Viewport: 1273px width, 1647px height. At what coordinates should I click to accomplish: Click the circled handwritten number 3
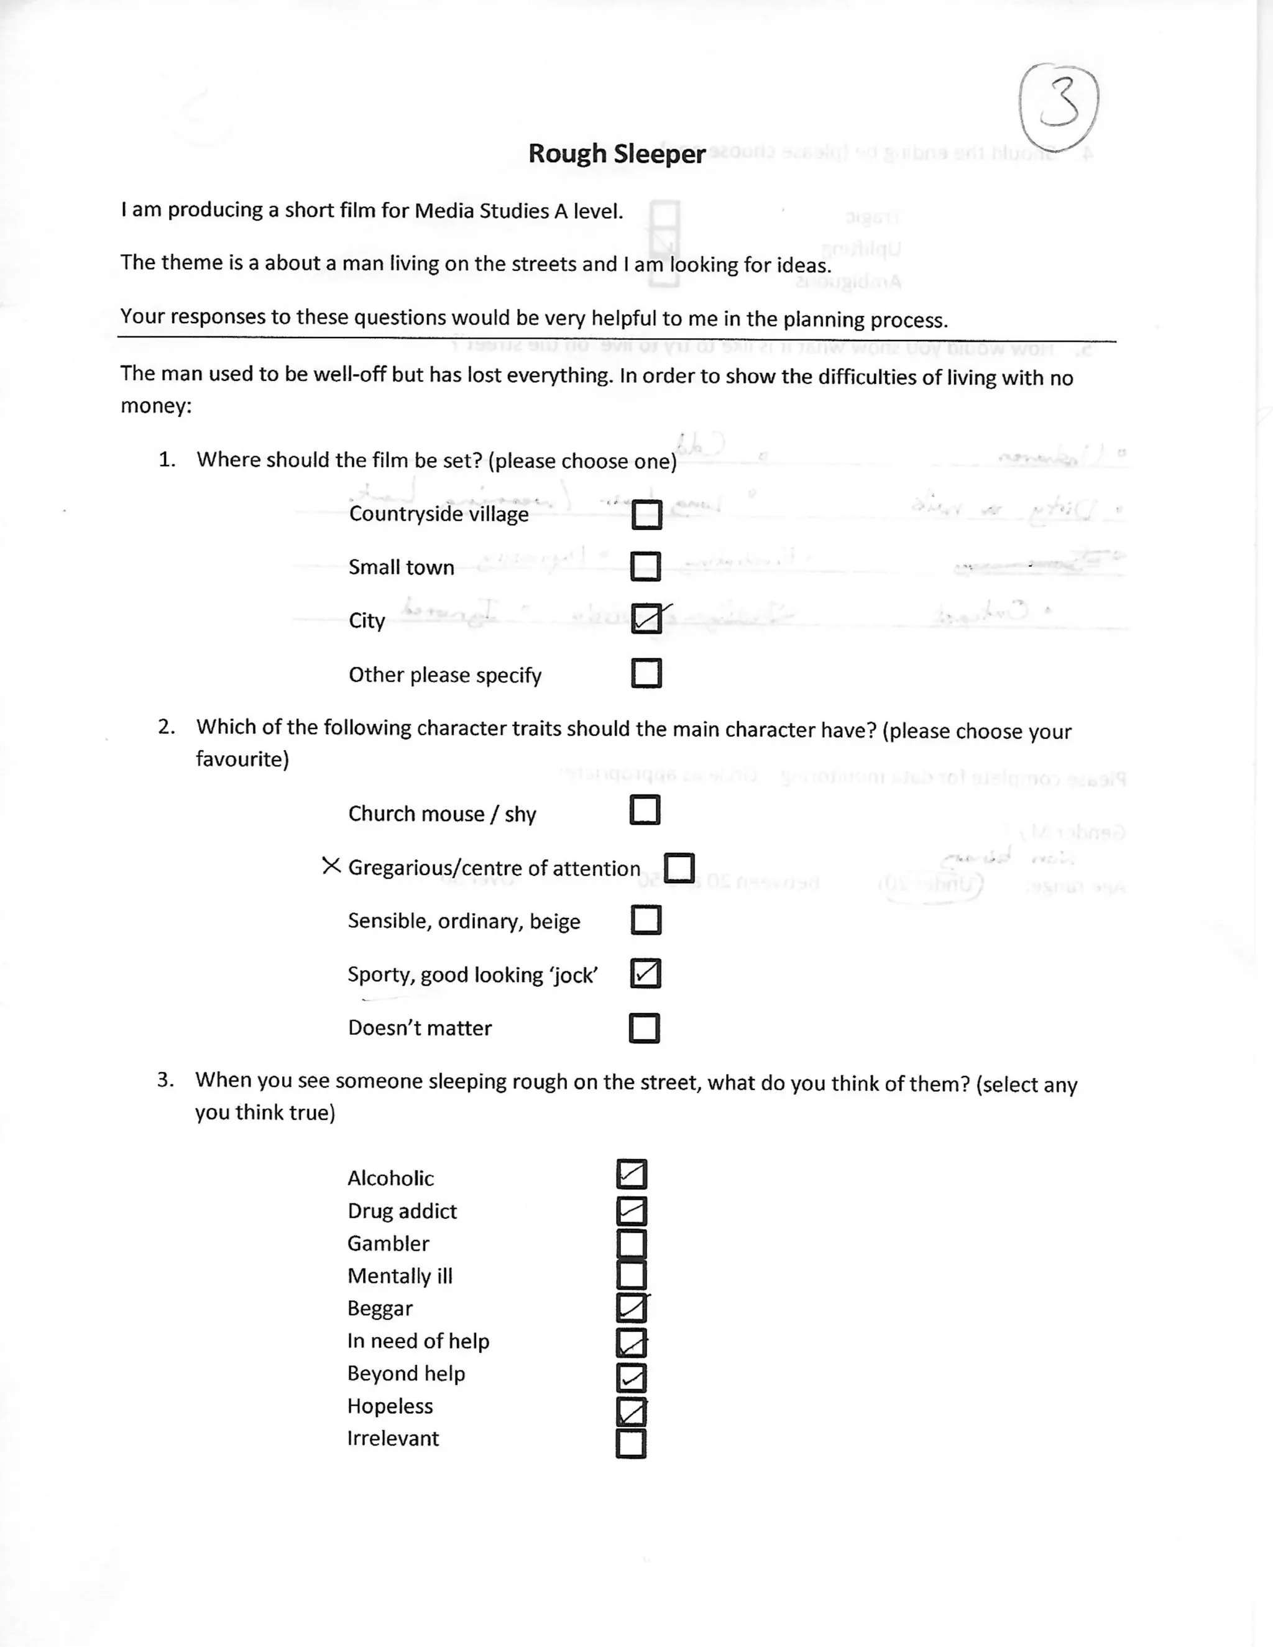pos(1058,106)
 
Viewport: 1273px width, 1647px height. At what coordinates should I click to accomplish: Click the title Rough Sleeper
pos(616,154)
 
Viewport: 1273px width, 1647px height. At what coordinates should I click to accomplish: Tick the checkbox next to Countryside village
pos(646,515)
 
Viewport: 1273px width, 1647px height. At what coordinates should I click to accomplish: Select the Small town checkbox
pos(646,566)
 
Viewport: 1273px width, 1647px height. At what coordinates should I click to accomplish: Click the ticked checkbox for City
pos(646,619)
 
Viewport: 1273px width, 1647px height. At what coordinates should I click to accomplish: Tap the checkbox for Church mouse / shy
pos(645,810)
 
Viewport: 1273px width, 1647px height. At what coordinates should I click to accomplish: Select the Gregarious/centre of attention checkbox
pos(679,868)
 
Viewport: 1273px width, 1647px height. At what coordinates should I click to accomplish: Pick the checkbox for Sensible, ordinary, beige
pos(646,920)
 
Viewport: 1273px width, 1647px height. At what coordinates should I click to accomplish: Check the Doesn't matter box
pos(645,1028)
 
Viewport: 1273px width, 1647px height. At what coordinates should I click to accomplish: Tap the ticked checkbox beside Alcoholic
pos(632,1174)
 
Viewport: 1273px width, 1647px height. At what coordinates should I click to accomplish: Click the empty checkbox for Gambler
pos(632,1244)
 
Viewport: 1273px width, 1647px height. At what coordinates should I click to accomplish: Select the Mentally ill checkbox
pos(632,1275)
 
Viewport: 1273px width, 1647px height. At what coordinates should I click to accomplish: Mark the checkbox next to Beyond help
pos(632,1378)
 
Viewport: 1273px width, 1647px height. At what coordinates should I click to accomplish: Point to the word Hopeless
pos(390,1406)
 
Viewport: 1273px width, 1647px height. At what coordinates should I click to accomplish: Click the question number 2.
pos(166,727)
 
